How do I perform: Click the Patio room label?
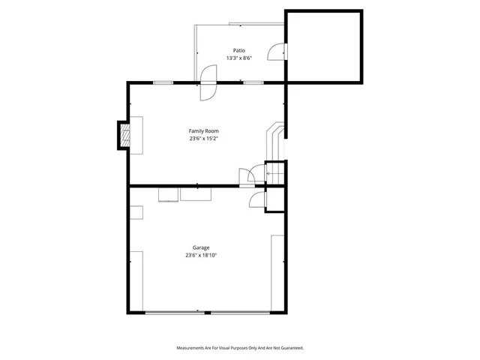[238, 50]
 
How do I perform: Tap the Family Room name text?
[203, 131]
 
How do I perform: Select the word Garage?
[200, 247]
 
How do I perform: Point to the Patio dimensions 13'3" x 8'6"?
[238, 58]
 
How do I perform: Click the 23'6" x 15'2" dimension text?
[203, 138]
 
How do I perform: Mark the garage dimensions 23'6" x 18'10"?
[201, 255]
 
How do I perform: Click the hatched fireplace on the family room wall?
[125, 135]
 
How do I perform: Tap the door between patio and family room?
[207, 83]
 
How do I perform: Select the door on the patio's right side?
[279, 52]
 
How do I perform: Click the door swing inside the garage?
[256, 200]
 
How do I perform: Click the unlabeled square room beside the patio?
[324, 46]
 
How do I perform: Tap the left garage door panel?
[175, 313]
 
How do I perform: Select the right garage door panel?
[239, 313]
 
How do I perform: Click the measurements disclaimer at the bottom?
[240, 348]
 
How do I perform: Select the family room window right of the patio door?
[253, 82]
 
